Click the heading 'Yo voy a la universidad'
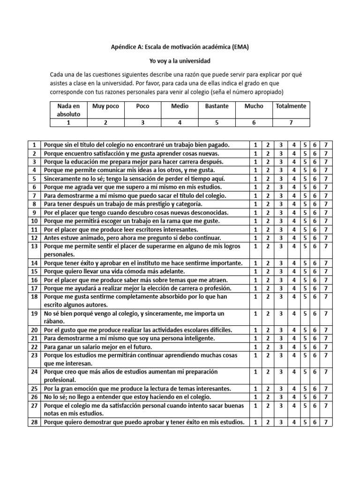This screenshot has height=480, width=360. (x=180, y=61)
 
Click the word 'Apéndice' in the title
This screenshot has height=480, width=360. (x=123, y=47)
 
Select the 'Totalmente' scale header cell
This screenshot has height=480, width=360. (x=291, y=106)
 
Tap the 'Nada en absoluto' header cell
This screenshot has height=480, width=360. (x=68, y=110)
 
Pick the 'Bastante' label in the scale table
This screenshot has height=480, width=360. (x=217, y=106)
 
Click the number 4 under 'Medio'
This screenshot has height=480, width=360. (x=180, y=122)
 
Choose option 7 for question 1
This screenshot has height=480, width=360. (x=325, y=145)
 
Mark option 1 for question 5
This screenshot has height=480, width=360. (x=255, y=179)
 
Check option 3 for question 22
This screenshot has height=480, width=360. (x=281, y=346)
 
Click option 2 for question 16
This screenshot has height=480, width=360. (x=268, y=280)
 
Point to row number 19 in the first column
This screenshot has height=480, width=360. (x=34, y=313)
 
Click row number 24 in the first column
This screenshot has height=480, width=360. (x=34, y=372)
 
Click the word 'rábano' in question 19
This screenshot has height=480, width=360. (x=54, y=322)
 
